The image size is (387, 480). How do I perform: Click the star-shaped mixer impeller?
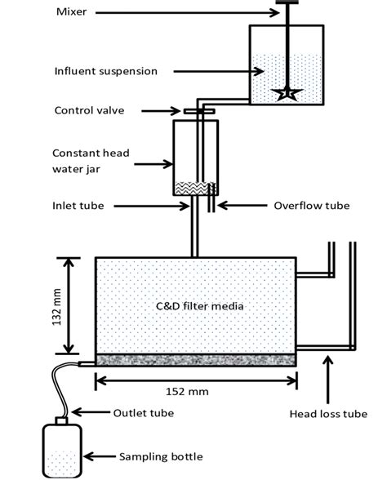point(287,93)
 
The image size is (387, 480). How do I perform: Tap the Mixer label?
point(71,12)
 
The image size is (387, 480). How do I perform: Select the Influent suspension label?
point(106,71)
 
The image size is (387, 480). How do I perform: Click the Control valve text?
point(90,110)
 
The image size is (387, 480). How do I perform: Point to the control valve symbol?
point(199,111)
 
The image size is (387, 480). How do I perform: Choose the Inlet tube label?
point(78,206)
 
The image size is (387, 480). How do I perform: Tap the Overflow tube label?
point(312,206)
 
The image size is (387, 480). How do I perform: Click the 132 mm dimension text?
point(56,306)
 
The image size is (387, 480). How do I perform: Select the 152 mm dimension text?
point(187,392)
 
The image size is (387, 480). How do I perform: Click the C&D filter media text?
point(199,306)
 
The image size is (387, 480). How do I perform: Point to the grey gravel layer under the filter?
point(196,360)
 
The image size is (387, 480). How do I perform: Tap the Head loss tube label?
point(328,414)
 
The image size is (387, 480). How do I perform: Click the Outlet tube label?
point(144,413)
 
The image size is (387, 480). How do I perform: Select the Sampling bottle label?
point(161,457)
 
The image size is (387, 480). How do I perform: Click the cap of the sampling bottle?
point(61,420)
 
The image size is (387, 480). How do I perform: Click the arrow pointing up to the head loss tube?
point(328,379)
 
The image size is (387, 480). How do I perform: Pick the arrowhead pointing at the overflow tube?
point(222,206)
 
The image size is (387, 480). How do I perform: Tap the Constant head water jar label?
point(91,161)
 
